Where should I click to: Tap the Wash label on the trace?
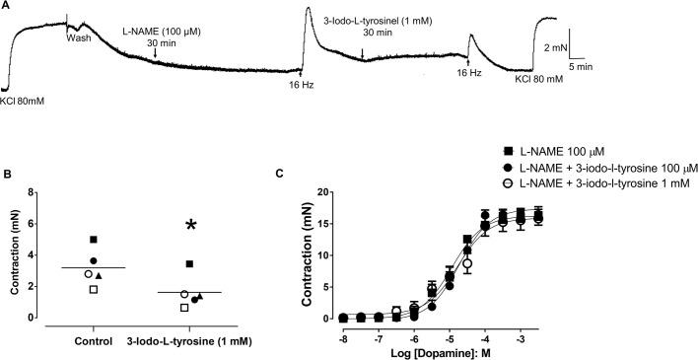(x=78, y=38)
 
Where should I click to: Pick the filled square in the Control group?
(x=93, y=240)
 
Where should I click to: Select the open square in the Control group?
(x=93, y=289)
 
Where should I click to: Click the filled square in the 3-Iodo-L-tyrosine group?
(x=189, y=263)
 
